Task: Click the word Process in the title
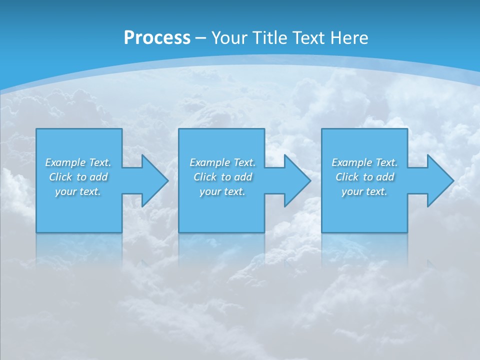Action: point(157,38)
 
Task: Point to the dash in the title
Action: point(200,38)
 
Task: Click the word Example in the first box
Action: point(65,162)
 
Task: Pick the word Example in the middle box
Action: point(209,162)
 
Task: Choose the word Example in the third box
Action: point(351,162)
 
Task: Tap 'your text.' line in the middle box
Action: point(222,191)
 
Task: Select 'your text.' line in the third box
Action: point(364,191)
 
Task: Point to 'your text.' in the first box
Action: point(78,191)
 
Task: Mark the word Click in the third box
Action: point(347,177)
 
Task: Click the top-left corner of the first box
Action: point(36,129)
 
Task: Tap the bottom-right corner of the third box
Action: point(407,232)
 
